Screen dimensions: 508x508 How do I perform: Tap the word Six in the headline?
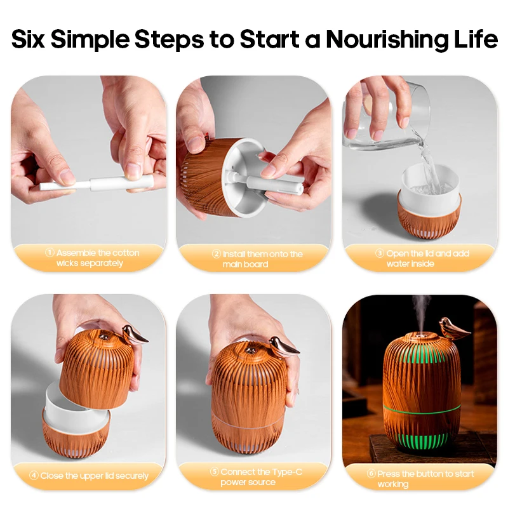[x=28, y=39]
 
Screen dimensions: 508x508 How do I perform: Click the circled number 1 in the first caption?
[x=50, y=252]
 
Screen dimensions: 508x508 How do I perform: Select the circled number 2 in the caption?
[x=217, y=253]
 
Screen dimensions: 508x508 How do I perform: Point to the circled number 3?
[x=380, y=253]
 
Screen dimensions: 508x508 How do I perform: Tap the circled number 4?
[x=34, y=475]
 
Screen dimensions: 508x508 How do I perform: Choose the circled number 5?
[x=215, y=471]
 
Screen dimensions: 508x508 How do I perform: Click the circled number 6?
[x=371, y=473]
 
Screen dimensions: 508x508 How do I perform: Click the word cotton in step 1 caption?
[x=124, y=253]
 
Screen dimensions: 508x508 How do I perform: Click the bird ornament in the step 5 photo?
[x=283, y=347]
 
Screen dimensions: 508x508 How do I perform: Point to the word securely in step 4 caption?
[x=131, y=476]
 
